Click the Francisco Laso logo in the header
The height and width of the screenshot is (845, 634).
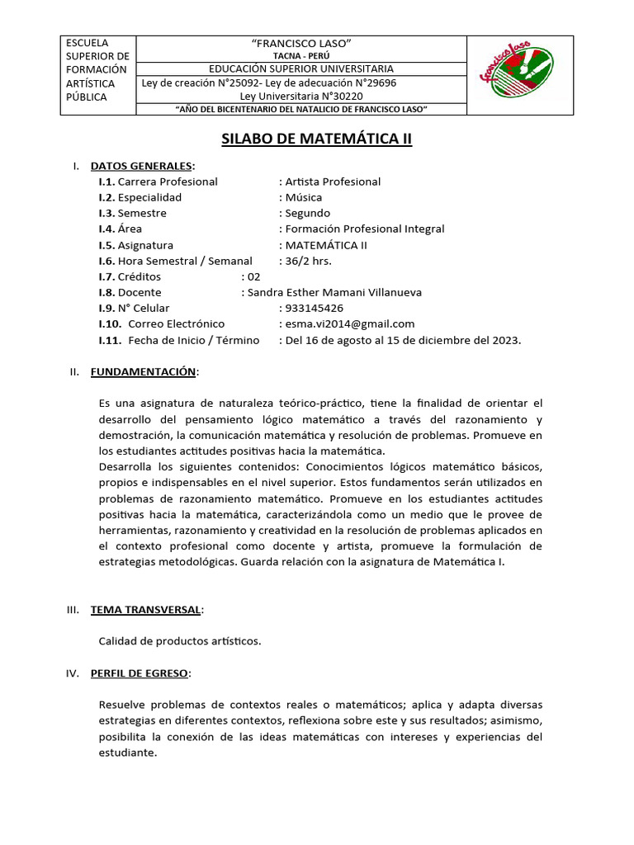(518, 75)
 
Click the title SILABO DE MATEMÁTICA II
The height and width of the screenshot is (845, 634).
(317, 139)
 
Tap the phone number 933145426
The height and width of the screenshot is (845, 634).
(315, 308)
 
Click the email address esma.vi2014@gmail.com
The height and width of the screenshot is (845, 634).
(349, 323)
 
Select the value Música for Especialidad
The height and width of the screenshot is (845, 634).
(303, 197)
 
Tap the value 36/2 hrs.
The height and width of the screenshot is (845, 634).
(310, 261)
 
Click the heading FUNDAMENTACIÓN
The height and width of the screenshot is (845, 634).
(143, 372)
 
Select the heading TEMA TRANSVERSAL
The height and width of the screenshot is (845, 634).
(145, 609)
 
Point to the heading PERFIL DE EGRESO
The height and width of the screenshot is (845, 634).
(140, 673)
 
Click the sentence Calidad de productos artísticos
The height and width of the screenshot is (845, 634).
(180, 640)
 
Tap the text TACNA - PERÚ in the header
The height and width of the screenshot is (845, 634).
(300, 55)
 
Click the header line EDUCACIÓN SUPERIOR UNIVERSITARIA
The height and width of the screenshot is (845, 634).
(300, 68)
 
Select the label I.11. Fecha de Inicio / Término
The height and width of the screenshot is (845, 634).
(179, 340)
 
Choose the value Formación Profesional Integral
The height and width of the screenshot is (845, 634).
(364, 229)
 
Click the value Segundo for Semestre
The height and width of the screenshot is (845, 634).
(306, 213)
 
